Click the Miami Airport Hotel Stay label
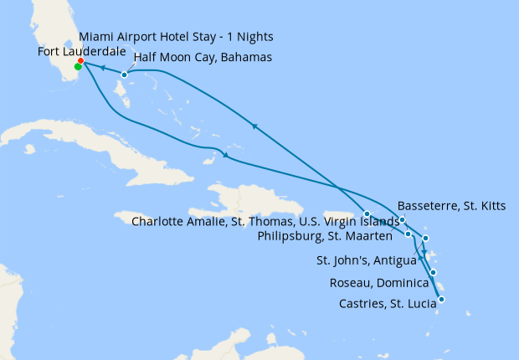(176, 38)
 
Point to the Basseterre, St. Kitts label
(451, 205)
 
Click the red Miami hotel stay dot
(80, 60)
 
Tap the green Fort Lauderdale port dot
(78, 67)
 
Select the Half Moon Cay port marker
(124, 75)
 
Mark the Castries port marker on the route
(441, 299)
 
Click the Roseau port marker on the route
(434, 273)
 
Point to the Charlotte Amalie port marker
(367, 213)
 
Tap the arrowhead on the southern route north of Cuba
(224, 156)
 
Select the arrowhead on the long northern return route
(253, 126)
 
